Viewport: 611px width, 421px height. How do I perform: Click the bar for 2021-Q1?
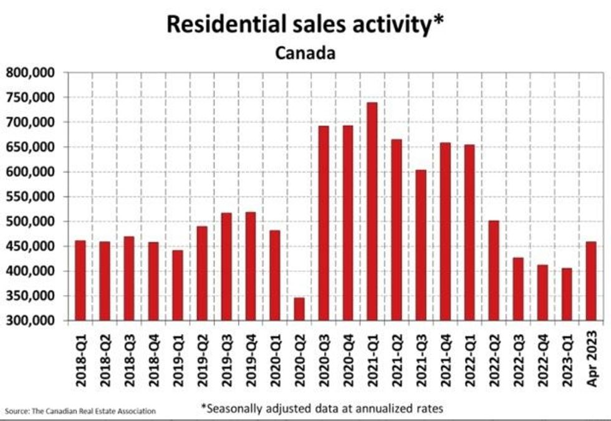point(372,212)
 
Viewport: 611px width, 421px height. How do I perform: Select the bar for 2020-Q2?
point(299,309)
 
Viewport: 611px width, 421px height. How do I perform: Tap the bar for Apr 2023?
point(591,281)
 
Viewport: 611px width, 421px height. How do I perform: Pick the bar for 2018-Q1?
point(80,281)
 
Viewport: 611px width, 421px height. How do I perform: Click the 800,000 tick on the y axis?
point(31,73)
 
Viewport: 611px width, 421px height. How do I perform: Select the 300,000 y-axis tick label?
point(31,321)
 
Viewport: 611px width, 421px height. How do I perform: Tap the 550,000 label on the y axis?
point(31,197)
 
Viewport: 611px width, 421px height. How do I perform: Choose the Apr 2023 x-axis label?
point(592,361)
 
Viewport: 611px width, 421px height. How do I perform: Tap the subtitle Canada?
point(305,53)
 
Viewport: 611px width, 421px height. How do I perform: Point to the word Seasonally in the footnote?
point(239,409)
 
